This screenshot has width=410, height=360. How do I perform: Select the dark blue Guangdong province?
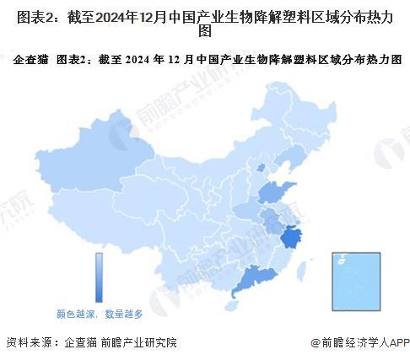[x=251, y=278]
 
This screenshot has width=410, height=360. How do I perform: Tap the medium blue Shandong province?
[x=276, y=193]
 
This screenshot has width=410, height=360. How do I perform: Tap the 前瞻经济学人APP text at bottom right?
[x=363, y=343]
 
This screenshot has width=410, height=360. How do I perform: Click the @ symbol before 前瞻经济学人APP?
[x=316, y=343]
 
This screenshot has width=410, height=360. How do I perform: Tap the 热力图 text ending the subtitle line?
[x=384, y=60]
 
